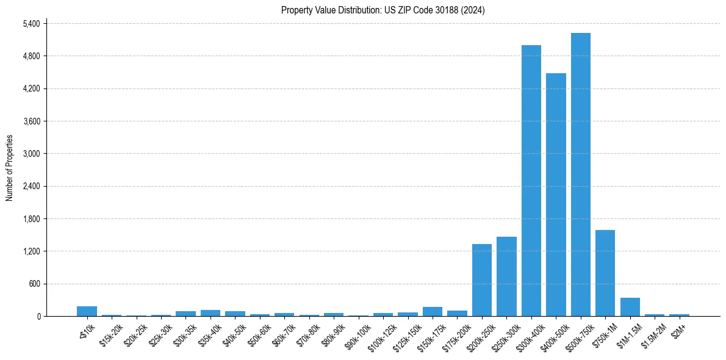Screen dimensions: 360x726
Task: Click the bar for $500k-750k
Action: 580,175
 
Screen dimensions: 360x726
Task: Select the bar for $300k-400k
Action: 531,181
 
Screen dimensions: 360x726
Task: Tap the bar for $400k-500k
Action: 556,195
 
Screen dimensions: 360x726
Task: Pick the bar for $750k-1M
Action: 605,273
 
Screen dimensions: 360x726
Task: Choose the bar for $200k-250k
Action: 481,280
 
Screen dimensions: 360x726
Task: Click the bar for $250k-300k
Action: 506,276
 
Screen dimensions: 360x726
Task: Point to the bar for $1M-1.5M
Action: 630,307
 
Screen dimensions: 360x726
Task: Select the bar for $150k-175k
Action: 432,311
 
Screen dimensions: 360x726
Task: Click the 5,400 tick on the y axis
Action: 31,24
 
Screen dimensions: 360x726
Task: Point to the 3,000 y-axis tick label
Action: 31,154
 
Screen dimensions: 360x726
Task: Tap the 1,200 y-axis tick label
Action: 31,251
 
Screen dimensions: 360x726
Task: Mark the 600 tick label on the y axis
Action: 34,284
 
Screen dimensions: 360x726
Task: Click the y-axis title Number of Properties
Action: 9,168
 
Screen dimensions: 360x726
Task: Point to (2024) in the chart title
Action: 473,10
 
